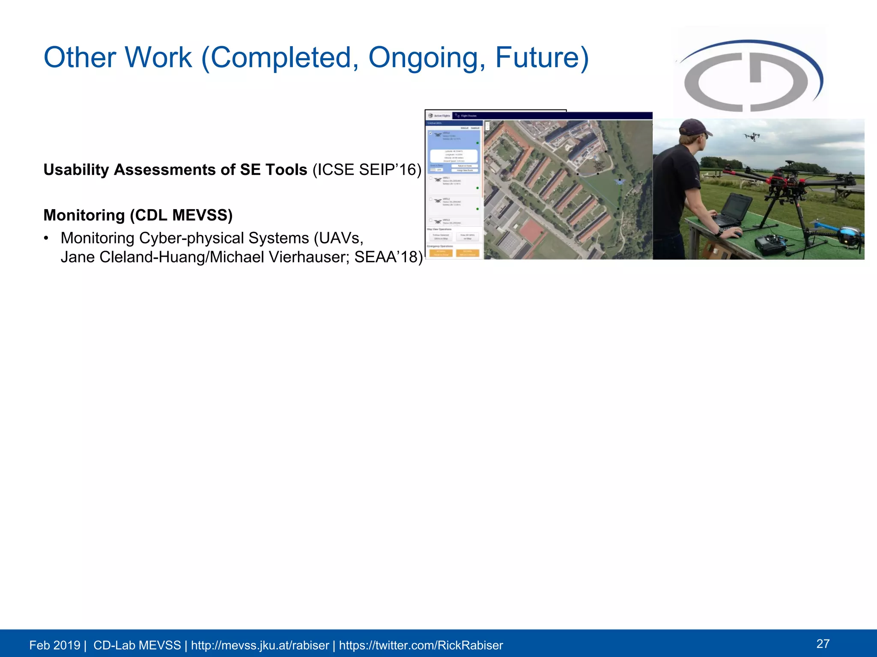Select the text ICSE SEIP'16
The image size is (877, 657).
click(x=366, y=170)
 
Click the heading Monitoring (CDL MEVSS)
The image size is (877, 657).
click(x=138, y=215)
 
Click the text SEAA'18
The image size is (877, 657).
click(x=388, y=257)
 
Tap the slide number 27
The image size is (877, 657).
click(x=823, y=643)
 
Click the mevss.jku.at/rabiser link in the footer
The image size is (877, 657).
click(x=260, y=645)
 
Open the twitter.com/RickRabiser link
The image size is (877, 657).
click(x=421, y=645)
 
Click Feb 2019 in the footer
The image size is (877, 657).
click(x=54, y=645)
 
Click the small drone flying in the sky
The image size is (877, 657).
click(x=752, y=137)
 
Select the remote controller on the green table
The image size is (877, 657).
click(x=769, y=245)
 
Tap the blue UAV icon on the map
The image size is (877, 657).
click(x=619, y=182)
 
